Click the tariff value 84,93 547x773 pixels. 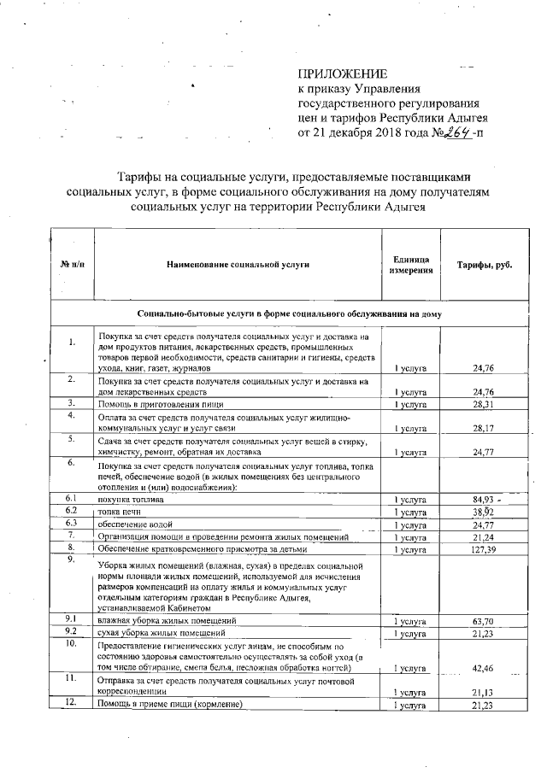pos(484,498)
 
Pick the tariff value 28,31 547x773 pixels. pos(485,404)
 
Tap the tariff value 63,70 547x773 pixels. pos(485,621)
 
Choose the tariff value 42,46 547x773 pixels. pos(485,669)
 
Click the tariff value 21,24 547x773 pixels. pos(485,536)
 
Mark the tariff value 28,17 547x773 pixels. pos(485,429)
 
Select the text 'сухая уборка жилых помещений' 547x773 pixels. pos(162,634)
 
